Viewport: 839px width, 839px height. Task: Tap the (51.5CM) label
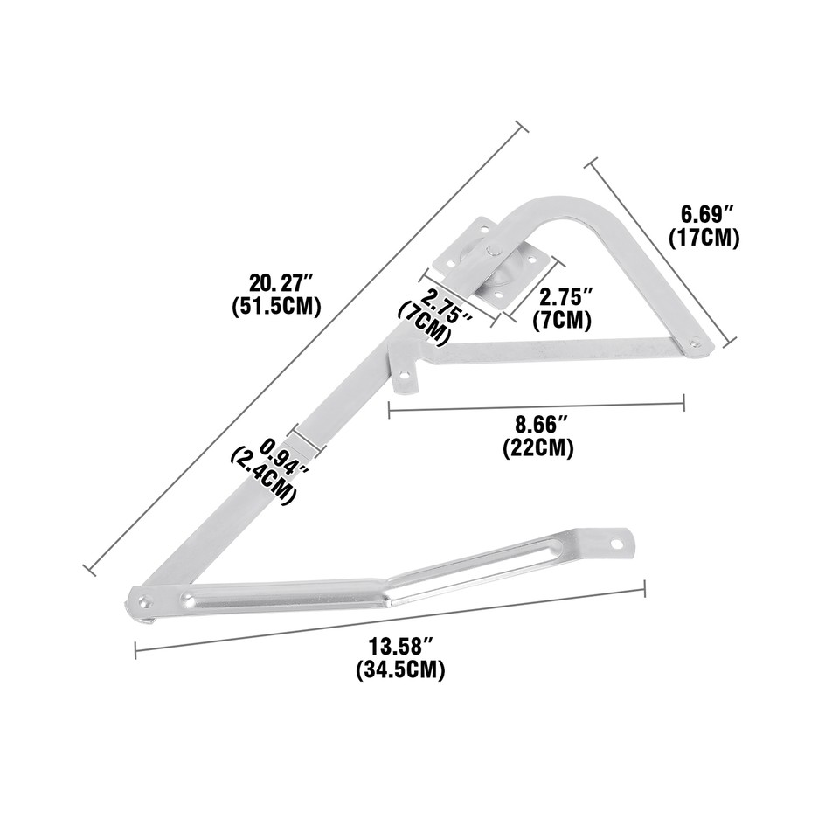277,307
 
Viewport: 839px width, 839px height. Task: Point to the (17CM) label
704,237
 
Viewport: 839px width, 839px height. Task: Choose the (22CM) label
538,448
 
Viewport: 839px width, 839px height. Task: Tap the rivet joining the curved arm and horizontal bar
695,344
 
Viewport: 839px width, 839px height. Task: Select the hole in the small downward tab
406,378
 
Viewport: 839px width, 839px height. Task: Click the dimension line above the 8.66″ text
536,405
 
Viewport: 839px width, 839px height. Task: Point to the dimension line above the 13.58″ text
390,620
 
